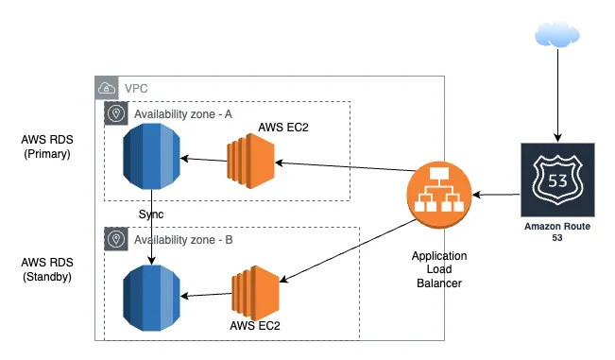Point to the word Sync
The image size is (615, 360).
pyautogui.click(x=151, y=214)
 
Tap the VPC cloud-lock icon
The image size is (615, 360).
pyautogui.click(x=108, y=89)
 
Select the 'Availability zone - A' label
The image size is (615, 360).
pyautogui.click(x=184, y=113)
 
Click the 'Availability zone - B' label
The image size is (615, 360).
pyautogui.click(x=184, y=240)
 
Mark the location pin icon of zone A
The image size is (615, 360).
pyautogui.click(x=117, y=113)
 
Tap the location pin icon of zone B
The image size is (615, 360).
pyautogui.click(x=117, y=240)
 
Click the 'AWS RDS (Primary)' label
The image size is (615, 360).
pyautogui.click(x=46, y=146)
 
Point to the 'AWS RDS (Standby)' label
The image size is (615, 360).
pyautogui.click(x=46, y=269)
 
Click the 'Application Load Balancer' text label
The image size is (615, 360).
pyautogui.click(x=439, y=270)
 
